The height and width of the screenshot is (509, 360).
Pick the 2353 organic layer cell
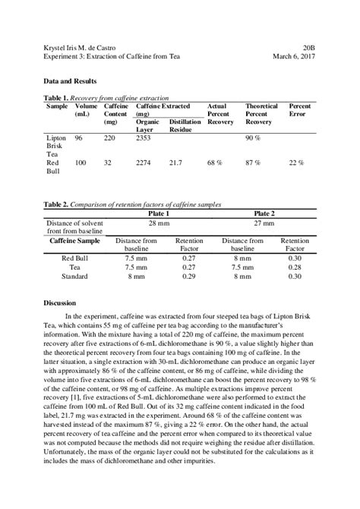tap(144, 138)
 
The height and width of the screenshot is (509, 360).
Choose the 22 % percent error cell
tap(296, 163)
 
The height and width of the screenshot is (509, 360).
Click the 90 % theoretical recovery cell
tap(253, 138)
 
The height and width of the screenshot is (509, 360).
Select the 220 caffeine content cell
tap(109, 138)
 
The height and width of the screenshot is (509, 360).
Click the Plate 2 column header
tap(264, 214)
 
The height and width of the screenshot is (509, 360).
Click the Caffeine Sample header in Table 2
tap(74, 240)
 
